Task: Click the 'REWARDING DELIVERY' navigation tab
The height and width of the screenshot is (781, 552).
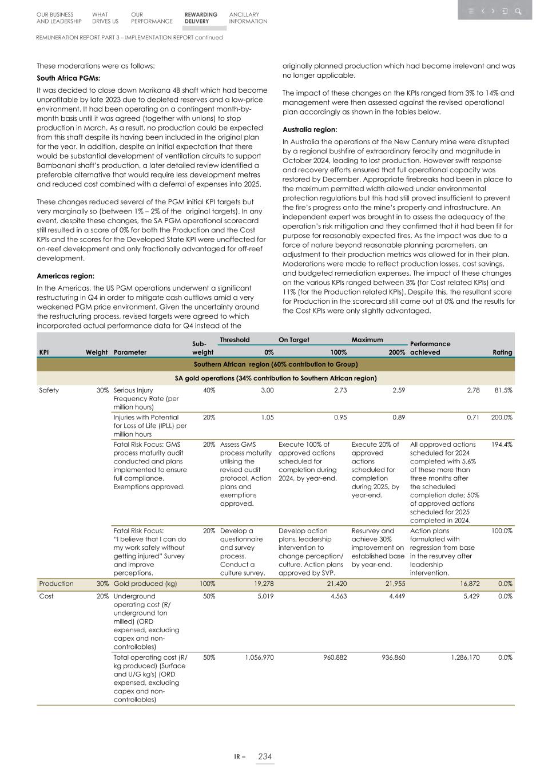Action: pyautogui.click(x=201, y=18)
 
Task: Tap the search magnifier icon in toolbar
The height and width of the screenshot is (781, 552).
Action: pyautogui.click(x=518, y=11)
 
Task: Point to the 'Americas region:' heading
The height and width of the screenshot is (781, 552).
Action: pyautogui.click(x=65, y=276)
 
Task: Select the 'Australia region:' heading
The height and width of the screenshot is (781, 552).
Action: pyautogui.click(x=309, y=129)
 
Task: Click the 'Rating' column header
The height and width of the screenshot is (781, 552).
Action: pyautogui.click(x=502, y=352)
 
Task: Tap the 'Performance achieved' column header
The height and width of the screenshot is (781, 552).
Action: pyautogui.click(x=430, y=348)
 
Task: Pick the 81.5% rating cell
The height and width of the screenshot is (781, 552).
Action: pyautogui.click(x=502, y=390)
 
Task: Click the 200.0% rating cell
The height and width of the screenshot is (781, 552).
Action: pyautogui.click(x=502, y=417)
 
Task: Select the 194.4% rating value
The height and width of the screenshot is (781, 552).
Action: pyautogui.click(x=502, y=445)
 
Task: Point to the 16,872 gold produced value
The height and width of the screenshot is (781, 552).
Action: pyautogui.click(x=467, y=584)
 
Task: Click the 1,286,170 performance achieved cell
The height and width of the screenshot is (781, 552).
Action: pyautogui.click(x=462, y=657)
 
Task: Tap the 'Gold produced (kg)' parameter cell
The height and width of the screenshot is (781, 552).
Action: pyautogui.click(x=145, y=584)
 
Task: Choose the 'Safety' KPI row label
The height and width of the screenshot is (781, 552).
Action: pyautogui.click(x=49, y=390)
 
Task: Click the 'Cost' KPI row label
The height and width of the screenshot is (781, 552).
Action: pyautogui.click(x=46, y=596)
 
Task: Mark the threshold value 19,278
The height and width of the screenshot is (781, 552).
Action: pyautogui.click(x=261, y=584)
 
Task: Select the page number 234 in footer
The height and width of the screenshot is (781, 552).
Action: pyautogui.click(x=265, y=756)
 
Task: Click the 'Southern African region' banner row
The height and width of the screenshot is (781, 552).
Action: pyautogui.click(x=276, y=364)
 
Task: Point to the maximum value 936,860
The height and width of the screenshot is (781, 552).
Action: pyautogui.click(x=390, y=657)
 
